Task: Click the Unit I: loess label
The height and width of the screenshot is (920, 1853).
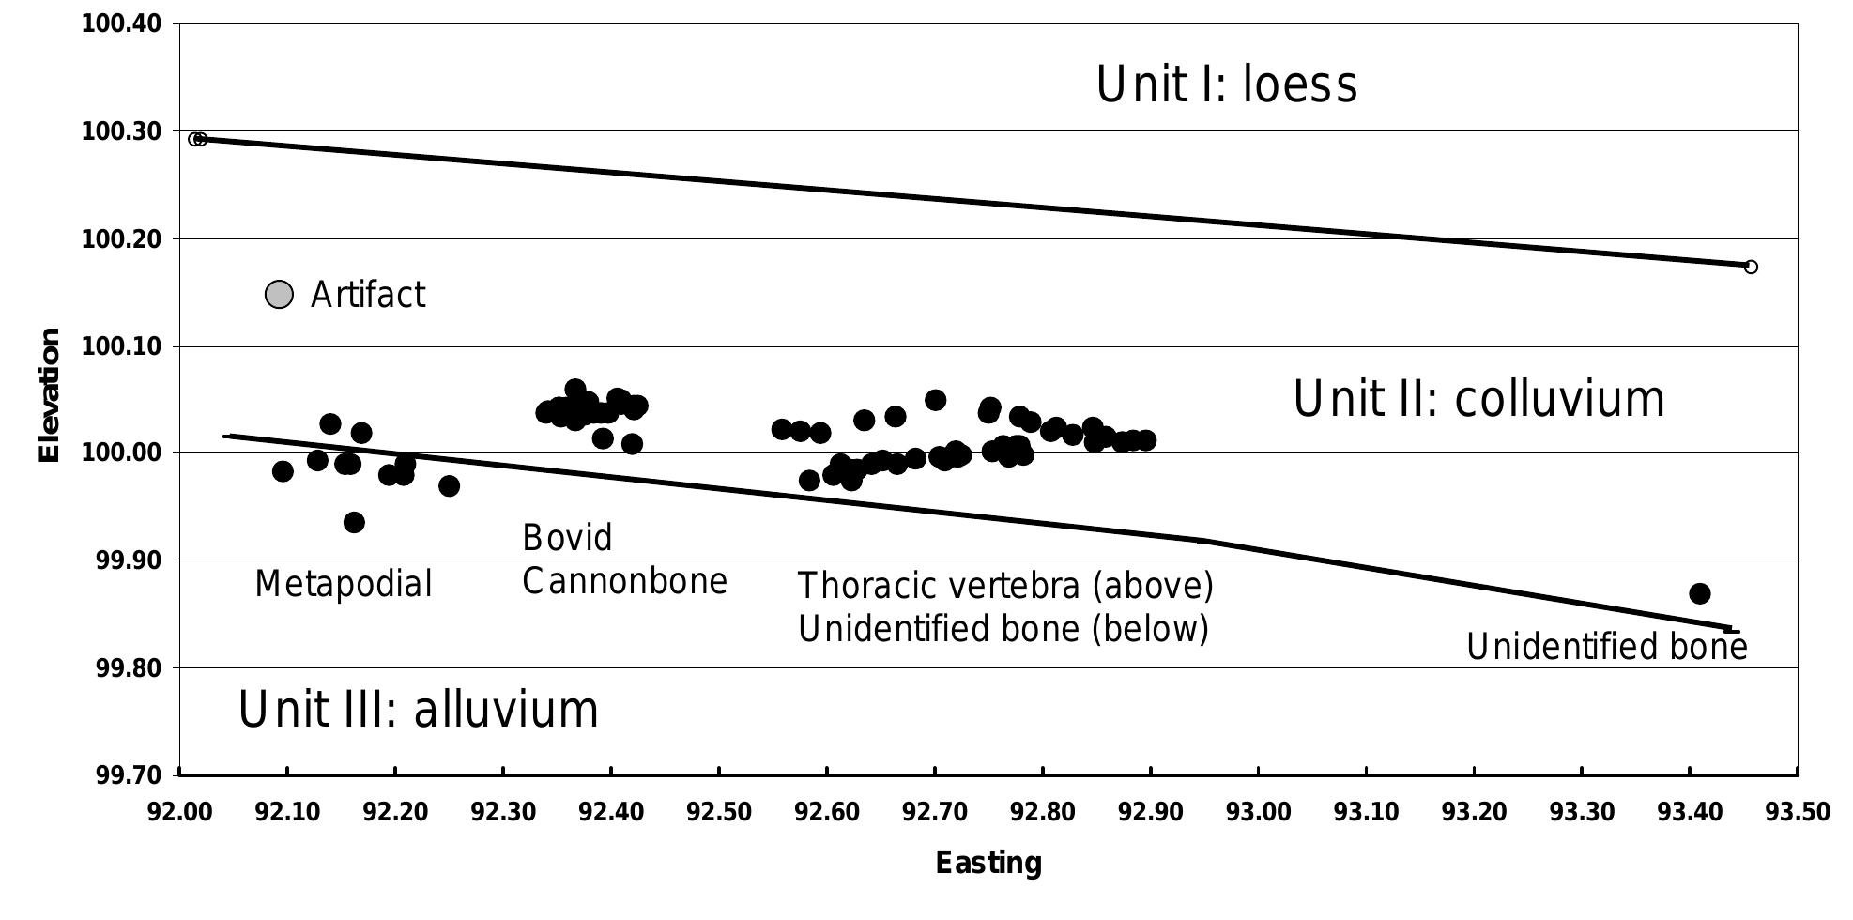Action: coord(1226,84)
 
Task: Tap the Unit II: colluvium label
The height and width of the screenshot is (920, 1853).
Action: coord(1478,399)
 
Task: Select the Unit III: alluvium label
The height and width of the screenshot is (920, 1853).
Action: coord(418,710)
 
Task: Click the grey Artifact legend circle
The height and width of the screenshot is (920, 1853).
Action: coord(279,295)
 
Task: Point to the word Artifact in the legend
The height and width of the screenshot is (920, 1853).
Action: coord(368,295)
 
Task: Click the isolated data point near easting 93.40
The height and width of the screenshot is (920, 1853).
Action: coord(1699,593)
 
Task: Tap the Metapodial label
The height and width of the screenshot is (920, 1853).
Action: coord(344,585)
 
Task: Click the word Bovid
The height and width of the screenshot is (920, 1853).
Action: coord(567,538)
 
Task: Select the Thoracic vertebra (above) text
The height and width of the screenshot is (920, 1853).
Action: coord(1005,586)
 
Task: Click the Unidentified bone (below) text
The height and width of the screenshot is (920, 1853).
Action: coord(1003,629)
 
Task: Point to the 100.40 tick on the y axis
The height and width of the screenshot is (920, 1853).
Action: coord(121,23)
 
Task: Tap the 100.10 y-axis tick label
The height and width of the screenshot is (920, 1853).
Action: coord(121,347)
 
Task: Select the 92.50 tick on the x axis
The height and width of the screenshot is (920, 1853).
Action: coord(718,812)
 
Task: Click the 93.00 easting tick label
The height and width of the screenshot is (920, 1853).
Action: coord(1258,812)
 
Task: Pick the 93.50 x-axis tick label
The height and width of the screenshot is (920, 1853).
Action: coord(1797,812)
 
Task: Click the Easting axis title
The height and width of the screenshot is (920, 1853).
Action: coord(988,863)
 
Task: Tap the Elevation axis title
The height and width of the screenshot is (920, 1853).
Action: coord(49,395)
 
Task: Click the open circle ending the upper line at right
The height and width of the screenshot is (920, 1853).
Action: coord(1751,268)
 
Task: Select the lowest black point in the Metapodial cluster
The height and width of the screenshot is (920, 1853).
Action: coord(354,522)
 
